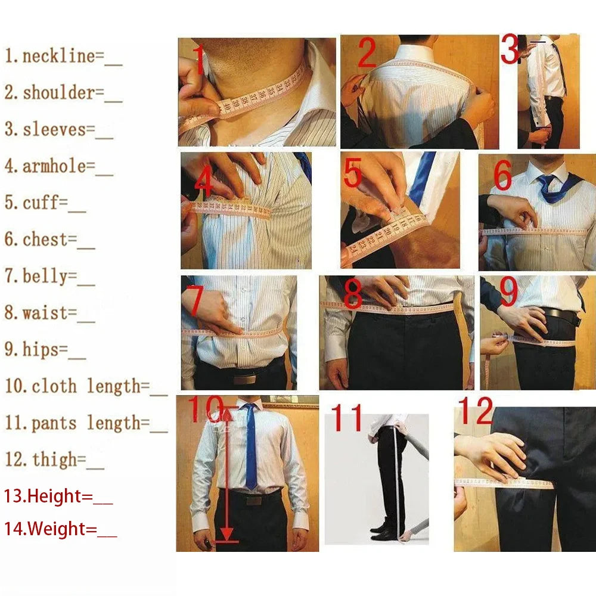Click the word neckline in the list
click(x=58, y=56)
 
